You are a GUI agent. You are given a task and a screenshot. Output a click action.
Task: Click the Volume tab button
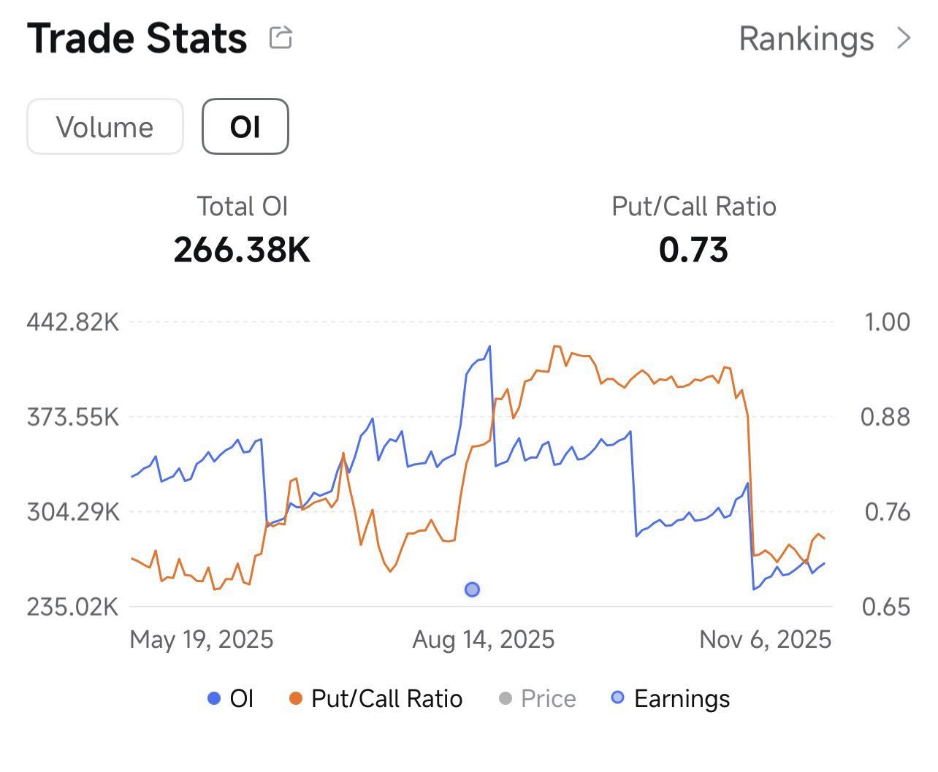coord(105,127)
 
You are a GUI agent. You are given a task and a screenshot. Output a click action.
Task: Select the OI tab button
coord(245,127)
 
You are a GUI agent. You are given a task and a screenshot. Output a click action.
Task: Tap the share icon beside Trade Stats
coord(281,37)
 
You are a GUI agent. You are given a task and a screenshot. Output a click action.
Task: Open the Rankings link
coord(825,39)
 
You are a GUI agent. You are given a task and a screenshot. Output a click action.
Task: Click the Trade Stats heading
coord(137,39)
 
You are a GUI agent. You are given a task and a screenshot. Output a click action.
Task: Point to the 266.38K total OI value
coord(242,250)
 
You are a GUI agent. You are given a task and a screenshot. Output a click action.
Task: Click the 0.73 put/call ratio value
coord(693,250)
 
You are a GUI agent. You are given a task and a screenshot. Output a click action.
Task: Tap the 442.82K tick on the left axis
coord(73,322)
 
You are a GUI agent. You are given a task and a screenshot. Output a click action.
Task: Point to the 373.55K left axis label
coord(73,418)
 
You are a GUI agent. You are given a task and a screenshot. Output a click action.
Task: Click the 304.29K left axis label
coord(73,512)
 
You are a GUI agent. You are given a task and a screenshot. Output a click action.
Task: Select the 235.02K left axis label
coord(73,607)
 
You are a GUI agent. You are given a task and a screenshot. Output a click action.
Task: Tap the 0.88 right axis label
coord(885,418)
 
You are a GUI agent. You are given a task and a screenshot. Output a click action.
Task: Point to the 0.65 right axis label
coord(886,607)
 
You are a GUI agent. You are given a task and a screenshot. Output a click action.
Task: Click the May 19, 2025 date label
coord(202,641)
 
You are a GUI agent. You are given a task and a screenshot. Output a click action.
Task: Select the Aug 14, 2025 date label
coord(484,641)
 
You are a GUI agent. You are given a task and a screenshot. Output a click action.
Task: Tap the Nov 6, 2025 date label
coord(766,641)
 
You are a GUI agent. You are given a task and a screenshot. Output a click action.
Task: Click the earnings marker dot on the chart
coord(472,589)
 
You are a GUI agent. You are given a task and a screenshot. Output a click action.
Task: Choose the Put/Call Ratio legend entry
coord(375,699)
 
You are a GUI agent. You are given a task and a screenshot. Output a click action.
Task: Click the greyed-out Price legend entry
coord(537,699)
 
